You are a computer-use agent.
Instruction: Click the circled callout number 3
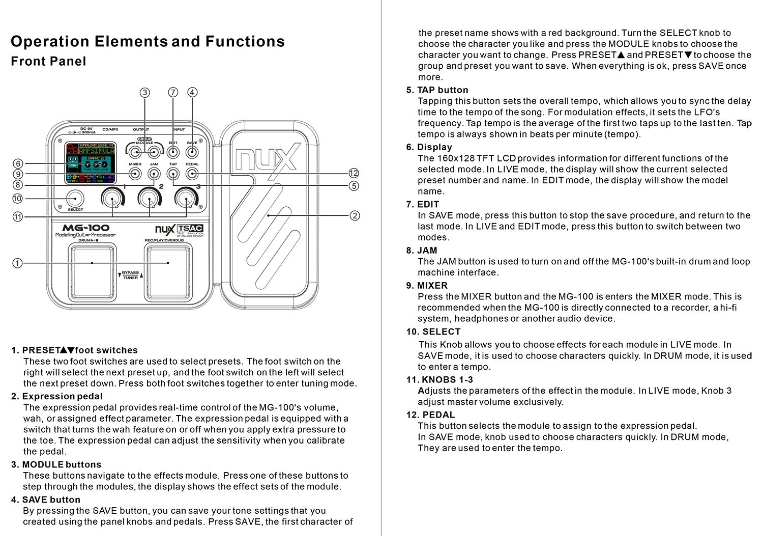(x=145, y=92)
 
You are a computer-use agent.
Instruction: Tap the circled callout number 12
(x=354, y=173)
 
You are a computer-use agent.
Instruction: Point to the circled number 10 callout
(x=18, y=199)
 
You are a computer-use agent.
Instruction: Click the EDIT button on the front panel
(x=173, y=152)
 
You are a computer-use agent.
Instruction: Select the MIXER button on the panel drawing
(x=135, y=174)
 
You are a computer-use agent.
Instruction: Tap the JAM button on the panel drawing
(x=154, y=174)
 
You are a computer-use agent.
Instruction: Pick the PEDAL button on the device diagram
(x=192, y=174)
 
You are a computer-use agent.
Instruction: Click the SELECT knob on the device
(x=75, y=199)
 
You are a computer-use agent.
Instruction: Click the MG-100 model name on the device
(x=86, y=228)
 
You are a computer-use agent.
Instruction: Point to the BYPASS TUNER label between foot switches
(x=130, y=275)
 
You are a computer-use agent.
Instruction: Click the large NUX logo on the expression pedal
(x=266, y=159)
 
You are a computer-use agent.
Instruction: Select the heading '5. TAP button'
(x=437, y=90)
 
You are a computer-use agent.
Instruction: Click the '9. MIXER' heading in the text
(x=427, y=286)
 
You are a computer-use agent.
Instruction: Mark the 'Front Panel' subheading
(x=48, y=62)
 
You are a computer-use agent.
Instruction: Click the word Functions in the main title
(x=245, y=41)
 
